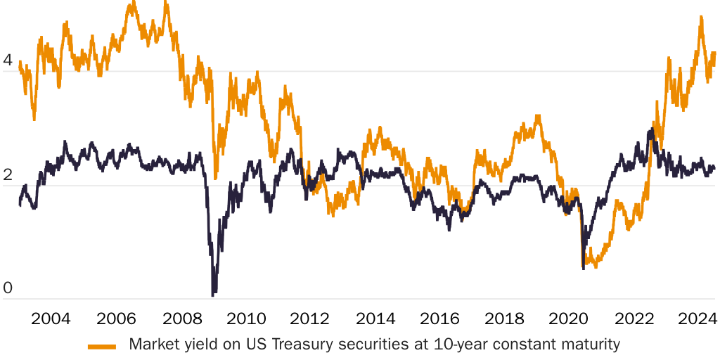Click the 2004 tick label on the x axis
pyautogui.click(x=51, y=318)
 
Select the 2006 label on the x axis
pyautogui.click(x=116, y=318)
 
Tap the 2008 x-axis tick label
pyautogui.click(x=181, y=318)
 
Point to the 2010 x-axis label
pyautogui.click(x=246, y=318)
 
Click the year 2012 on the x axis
pyautogui.click(x=311, y=318)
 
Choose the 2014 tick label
pyautogui.click(x=376, y=318)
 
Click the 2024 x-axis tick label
pyautogui.click(x=696, y=318)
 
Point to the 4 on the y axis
pyautogui.click(x=8, y=60)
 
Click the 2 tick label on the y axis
pyautogui.click(x=8, y=174)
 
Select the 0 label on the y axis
pyautogui.click(x=8, y=288)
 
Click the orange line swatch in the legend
pyautogui.click(x=102, y=345)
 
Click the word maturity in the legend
pyautogui.click(x=593, y=345)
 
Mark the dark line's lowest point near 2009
pyautogui.click(x=213, y=294)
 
